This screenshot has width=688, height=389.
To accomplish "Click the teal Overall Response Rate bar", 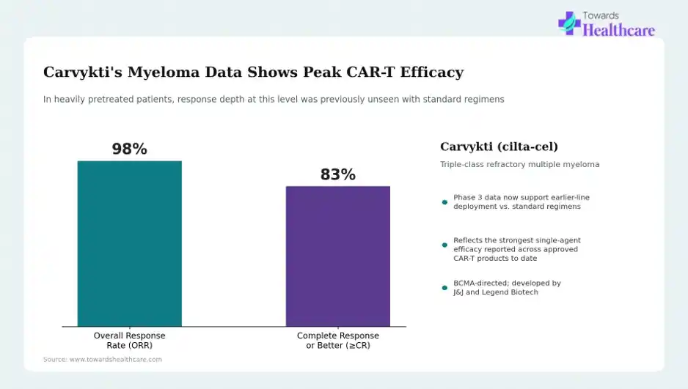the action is point(129,243).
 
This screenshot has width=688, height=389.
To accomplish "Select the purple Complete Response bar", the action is point(338,256).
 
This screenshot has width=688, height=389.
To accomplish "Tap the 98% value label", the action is point(129,149).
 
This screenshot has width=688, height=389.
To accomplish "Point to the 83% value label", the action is point(338,174).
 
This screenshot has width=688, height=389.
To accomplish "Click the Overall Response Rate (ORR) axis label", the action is point(129,341).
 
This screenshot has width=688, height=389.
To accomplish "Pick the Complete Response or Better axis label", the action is point(338,341).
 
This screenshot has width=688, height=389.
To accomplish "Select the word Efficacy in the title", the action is point(432,72).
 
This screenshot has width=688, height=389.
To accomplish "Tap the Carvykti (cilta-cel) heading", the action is point(499,147).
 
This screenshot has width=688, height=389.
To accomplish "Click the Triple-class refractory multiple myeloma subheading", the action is point(519,164).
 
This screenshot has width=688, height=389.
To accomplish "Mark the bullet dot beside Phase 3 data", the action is point(444,202).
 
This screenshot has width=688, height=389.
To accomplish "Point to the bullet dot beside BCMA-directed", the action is point(444,288).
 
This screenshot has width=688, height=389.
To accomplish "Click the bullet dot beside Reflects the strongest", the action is point(444,245).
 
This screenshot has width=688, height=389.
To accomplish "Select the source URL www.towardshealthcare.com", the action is point(116,359).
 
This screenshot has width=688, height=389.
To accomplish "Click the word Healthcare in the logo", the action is point(618,30).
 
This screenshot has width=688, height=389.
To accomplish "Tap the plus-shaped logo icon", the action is point(569,23).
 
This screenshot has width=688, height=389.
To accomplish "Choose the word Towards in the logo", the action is point(601,16).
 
